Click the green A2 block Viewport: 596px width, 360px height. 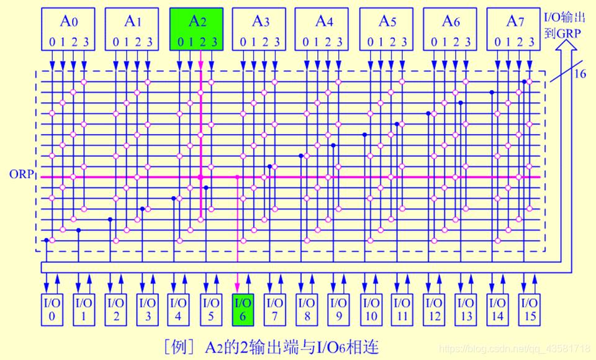(x=197, y=29)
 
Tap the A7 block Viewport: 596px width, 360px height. (x=512, y=29)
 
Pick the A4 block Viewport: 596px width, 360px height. (x=323, y=29)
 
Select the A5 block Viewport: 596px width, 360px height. (x=387, y=29)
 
